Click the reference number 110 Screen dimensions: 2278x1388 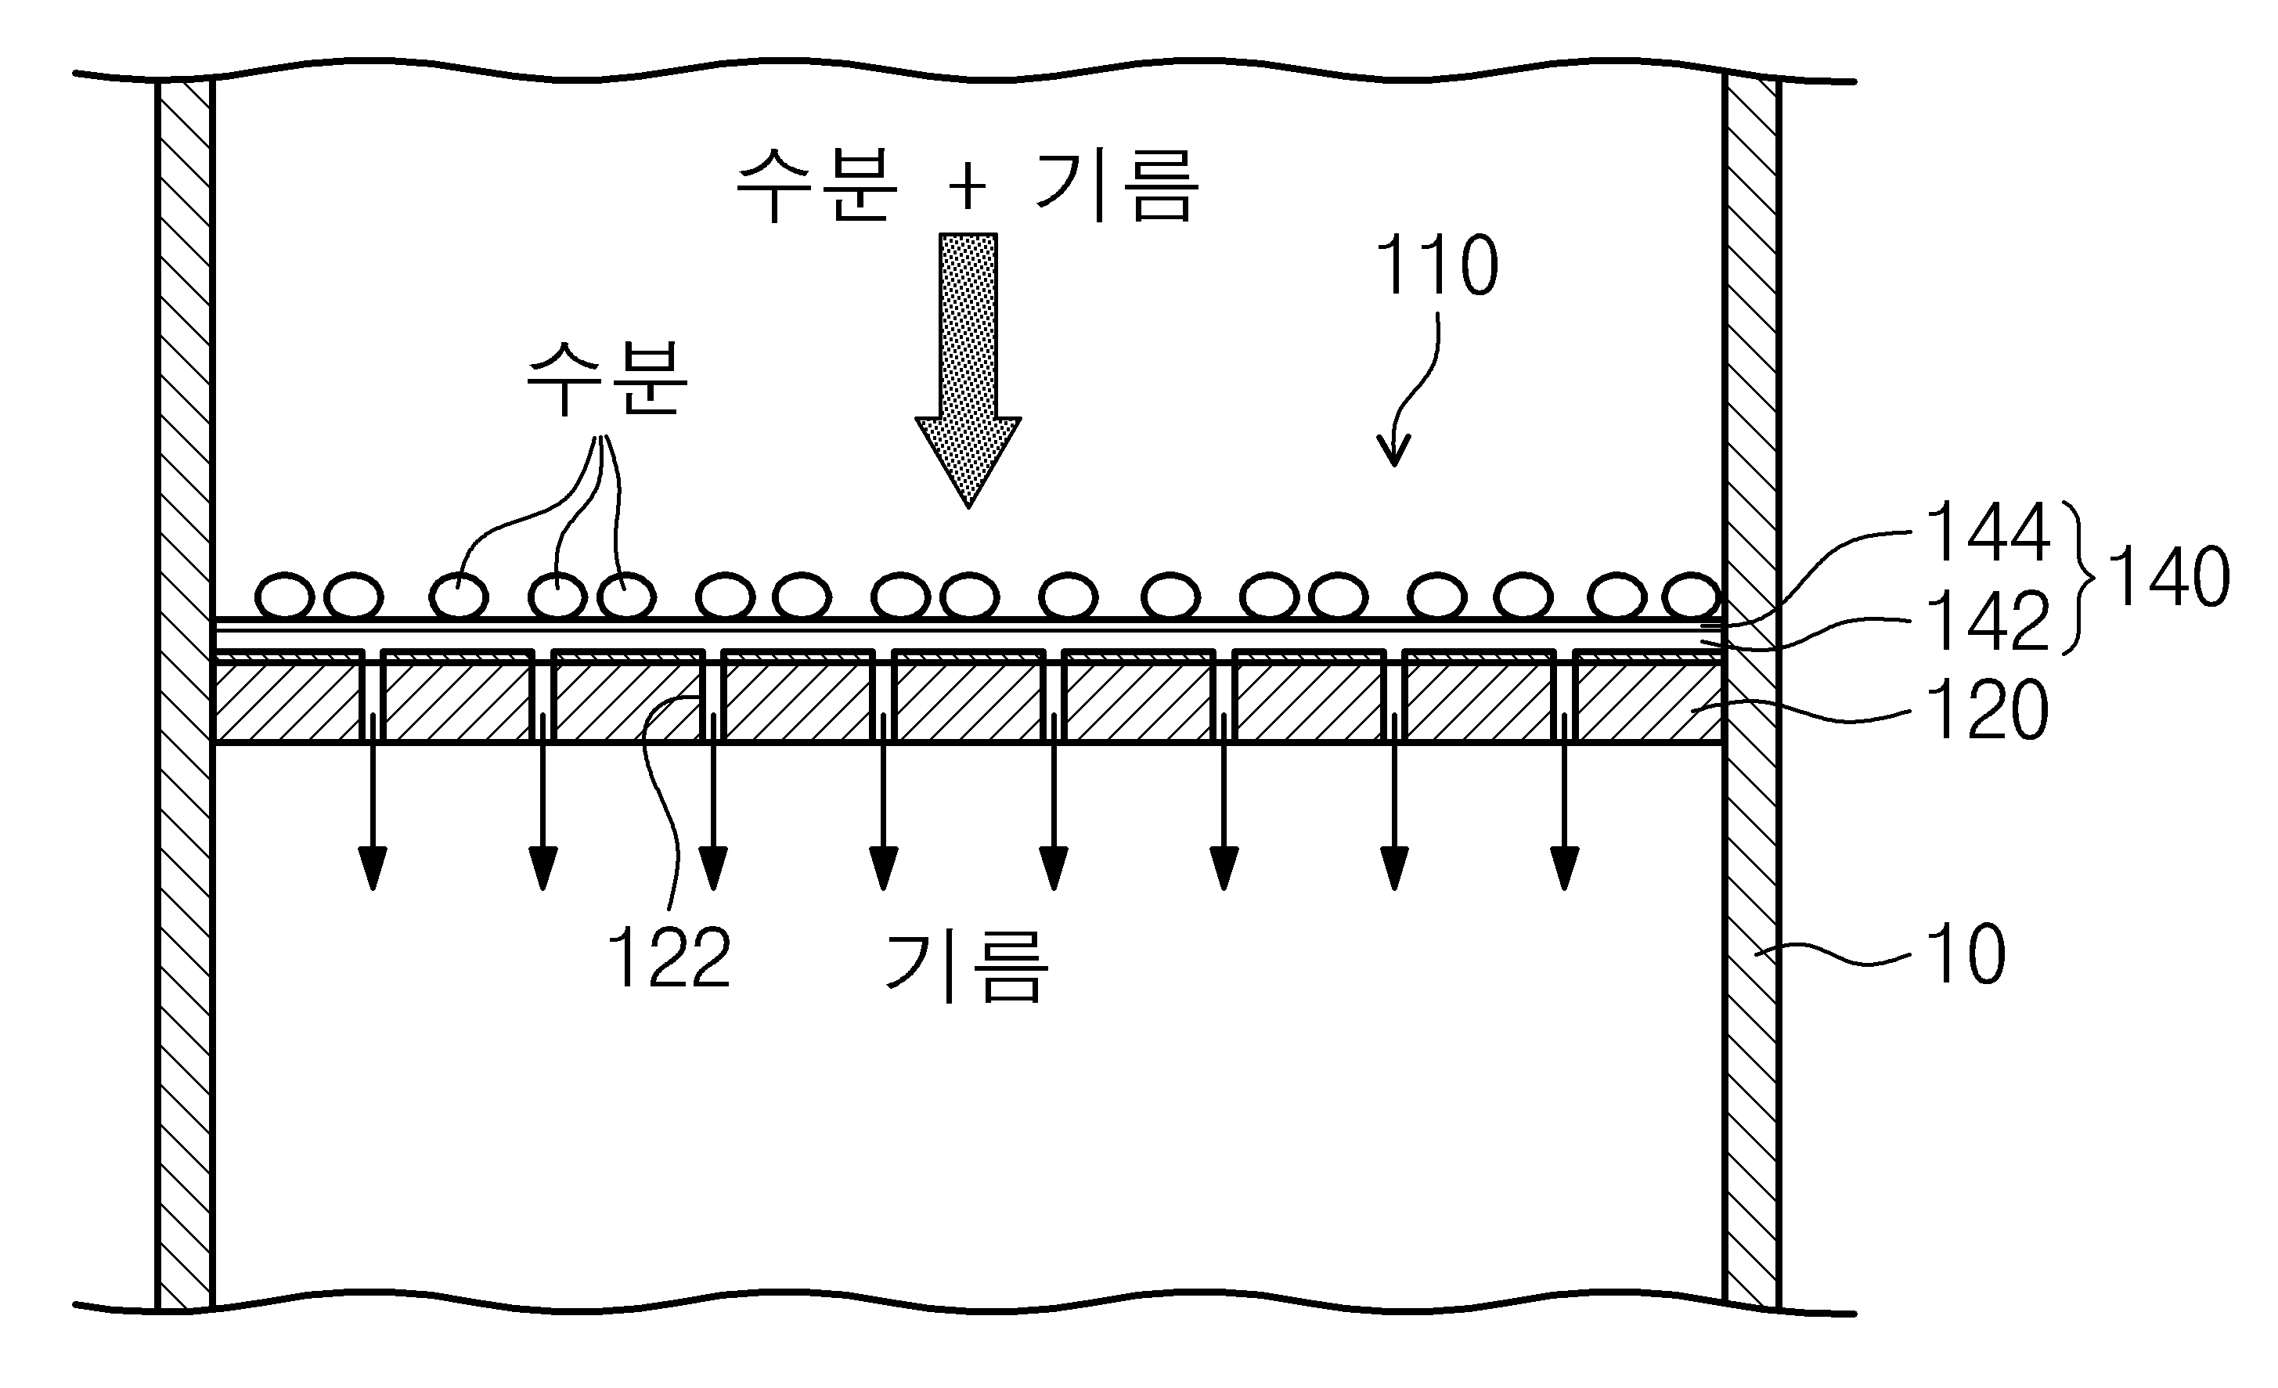(1436, 266)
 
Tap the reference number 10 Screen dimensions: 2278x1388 (1966, 954)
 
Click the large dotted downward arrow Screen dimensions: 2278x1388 (968, 370)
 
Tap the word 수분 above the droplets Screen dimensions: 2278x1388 (607, 379)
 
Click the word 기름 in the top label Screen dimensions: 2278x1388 (1116, 187)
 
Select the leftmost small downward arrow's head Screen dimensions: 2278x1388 (373, 867)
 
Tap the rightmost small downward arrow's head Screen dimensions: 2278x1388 (1564, 867)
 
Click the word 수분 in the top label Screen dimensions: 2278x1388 (817, 187)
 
